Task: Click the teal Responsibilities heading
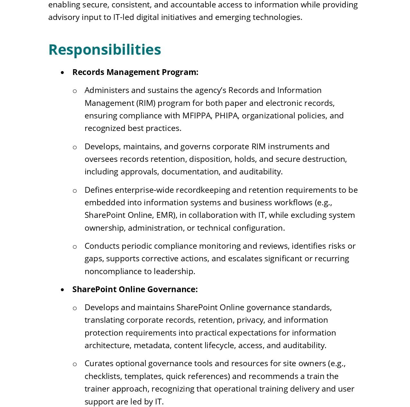105,50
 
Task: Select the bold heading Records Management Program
135,72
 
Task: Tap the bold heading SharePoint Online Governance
135,289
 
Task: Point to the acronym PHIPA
227,116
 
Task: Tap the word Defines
99,190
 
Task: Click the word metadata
152,345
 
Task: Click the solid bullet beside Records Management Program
62,73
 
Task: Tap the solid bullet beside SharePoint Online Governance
62,290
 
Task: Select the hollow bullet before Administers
75,91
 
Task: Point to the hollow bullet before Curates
75,364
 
